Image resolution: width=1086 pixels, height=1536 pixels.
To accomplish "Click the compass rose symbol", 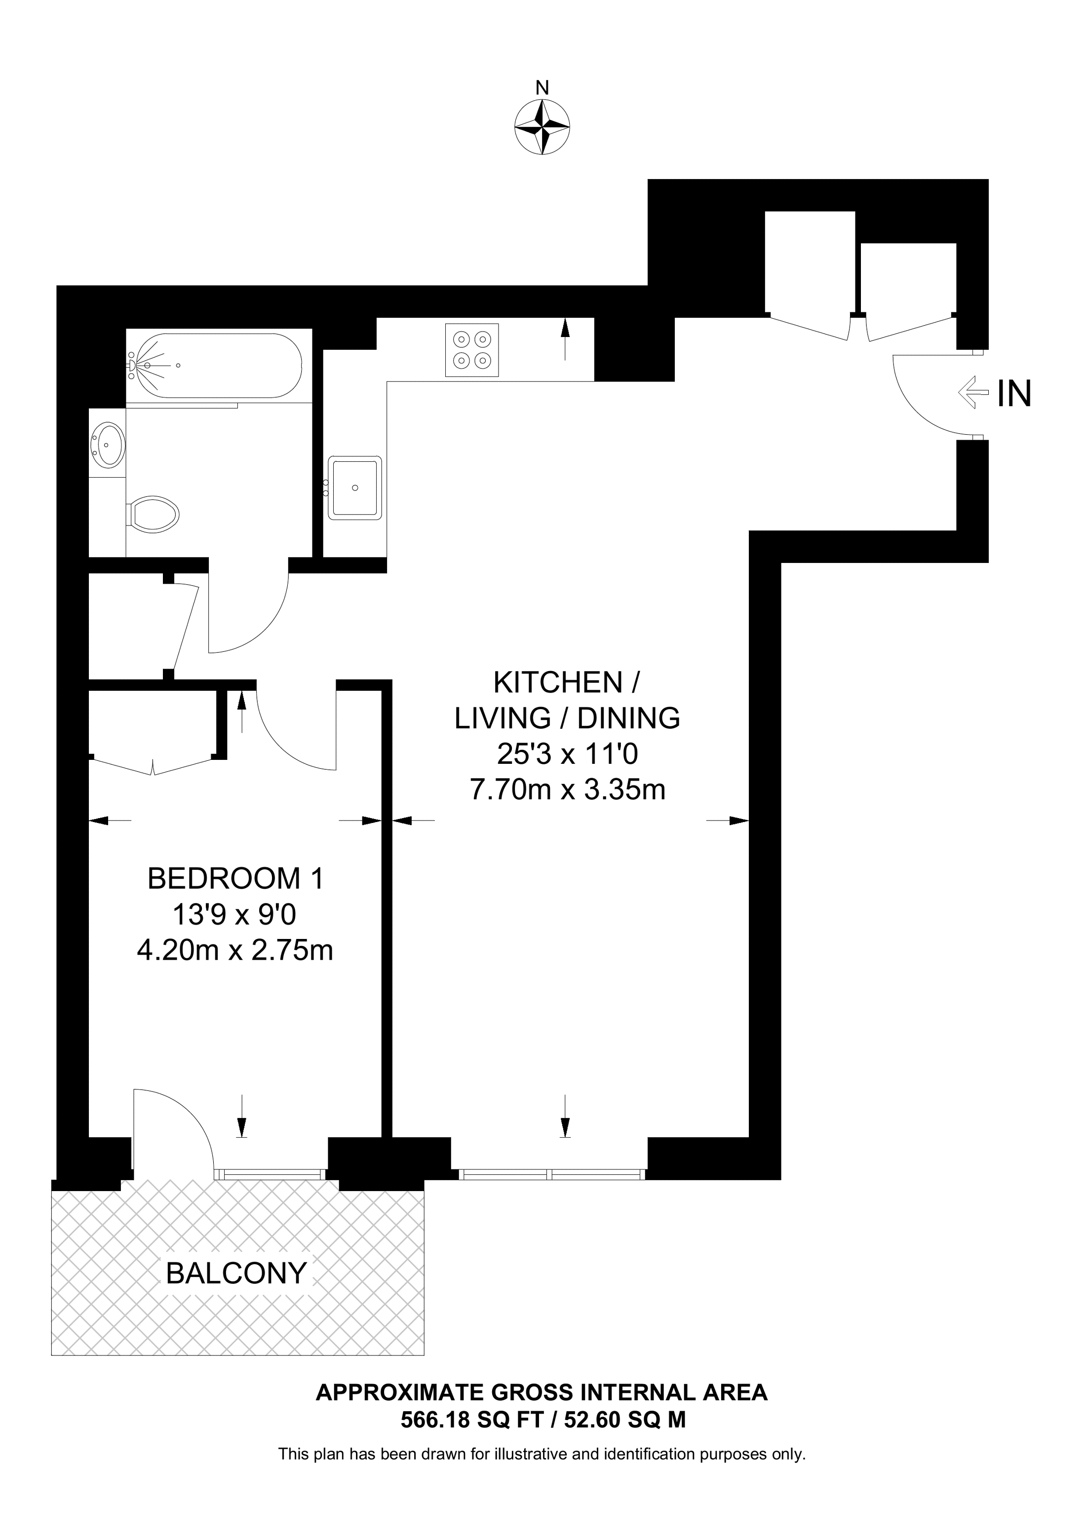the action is tap(542, 127).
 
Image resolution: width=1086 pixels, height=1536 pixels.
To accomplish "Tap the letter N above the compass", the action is tap(543, 88).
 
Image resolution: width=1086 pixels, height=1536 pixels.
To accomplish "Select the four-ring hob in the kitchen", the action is tap(472, 350).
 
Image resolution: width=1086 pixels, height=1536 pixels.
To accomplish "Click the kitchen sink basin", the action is tap(354, 487).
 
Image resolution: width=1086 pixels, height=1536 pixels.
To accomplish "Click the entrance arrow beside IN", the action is tap(973, 393).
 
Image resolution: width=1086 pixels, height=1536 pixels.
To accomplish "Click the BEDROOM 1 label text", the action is tap(235, 878).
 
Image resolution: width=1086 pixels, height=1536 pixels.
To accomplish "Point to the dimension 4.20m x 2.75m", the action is tap(235, 950).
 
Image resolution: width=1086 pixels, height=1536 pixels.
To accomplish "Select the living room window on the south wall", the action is tap(551, 1174).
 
